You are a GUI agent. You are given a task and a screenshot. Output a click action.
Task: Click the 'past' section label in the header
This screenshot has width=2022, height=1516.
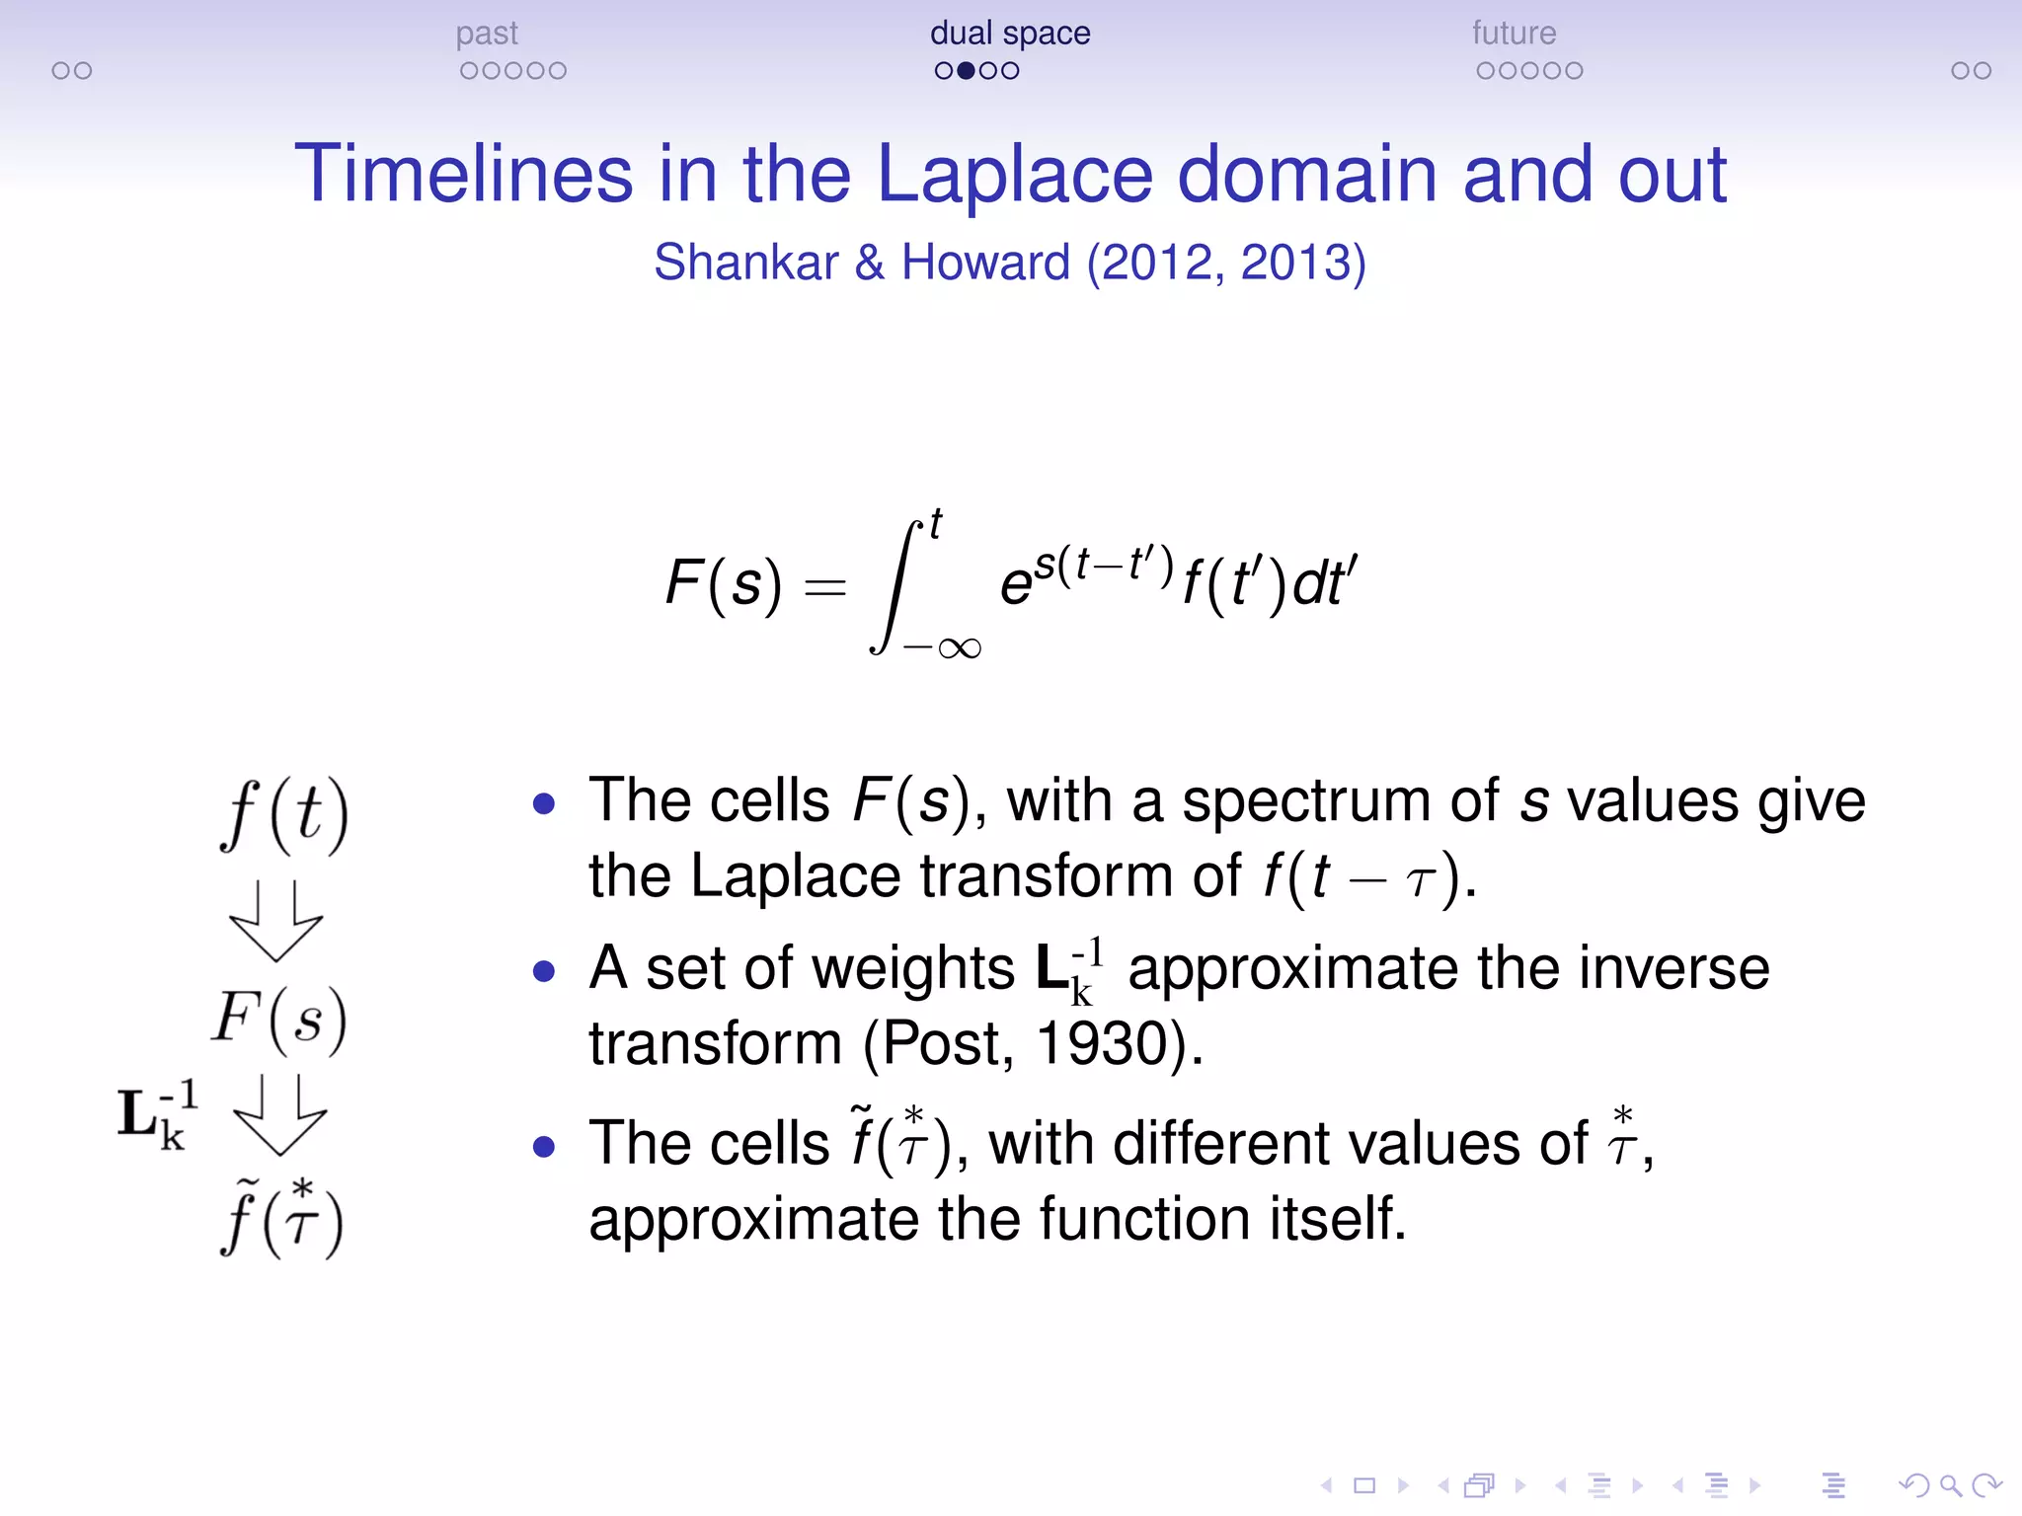pyautogui.click(x=487, y=34)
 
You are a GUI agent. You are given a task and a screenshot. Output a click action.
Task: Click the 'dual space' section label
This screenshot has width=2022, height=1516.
pyautogui.click(x=1010, y=34)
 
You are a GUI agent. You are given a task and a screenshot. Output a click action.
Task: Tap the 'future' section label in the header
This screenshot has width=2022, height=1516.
pyautogui.click(x=1514, y=34)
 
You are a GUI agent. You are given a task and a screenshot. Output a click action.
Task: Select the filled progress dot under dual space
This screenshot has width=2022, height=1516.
pyautogui.click(x=967, y=71)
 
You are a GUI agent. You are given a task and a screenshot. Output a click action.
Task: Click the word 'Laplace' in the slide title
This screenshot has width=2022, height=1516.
pyautogui.click(x=1014, y=175)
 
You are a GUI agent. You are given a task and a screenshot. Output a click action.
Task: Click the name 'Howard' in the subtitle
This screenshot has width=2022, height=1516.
pyautogui.click(x=985, y=263)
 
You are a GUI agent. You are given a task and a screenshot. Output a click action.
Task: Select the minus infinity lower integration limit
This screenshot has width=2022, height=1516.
pyautogui.click(x=943, y=648)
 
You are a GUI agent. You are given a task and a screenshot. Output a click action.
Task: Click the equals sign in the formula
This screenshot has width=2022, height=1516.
pyautogui.click(x=825, y=588)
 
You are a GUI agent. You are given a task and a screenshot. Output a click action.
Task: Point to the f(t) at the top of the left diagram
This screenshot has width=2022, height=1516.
pyautogui.click(x=284, y=815)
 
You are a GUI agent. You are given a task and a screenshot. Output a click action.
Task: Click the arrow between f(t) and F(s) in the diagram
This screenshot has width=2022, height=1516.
pyautogui.click(x=275, y=921)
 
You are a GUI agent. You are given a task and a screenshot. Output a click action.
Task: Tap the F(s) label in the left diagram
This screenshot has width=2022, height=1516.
pyautogui.click(x=279, y=1020)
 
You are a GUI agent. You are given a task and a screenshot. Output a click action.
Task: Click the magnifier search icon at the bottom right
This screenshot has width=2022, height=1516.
pyautogui.click(x=1950, y=1485)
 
